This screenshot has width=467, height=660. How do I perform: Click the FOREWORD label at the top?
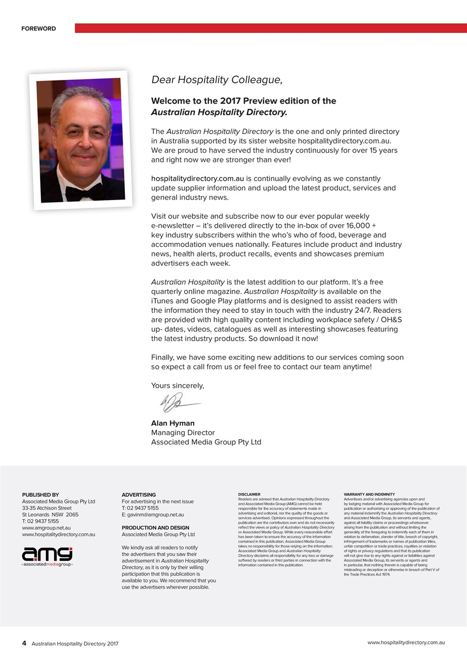tap(39, 28)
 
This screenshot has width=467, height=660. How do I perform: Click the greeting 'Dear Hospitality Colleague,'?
tap(217, 80)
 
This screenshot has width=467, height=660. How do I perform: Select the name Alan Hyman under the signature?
tap(173, 423)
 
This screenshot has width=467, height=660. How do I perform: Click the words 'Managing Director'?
tap(183, 433)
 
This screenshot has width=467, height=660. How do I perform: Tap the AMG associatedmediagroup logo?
tap(47, 556)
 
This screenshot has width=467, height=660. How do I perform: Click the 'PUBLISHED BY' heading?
tap(40, 495)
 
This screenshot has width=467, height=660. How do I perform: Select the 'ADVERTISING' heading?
tap(139, 495)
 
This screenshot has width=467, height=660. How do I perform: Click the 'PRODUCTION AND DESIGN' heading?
tap(155, 528)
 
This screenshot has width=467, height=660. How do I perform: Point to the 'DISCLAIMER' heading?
tap(249, 494)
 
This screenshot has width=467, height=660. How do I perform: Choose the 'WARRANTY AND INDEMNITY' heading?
tap(369, 494)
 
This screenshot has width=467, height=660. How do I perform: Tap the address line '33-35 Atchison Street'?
tap(47, 508)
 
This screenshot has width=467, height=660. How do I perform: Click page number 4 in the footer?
tap(24, 643)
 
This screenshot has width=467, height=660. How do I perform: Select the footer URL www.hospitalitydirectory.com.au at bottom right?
tap(406, 642)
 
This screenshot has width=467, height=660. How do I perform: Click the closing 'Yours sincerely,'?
tap(178, 386)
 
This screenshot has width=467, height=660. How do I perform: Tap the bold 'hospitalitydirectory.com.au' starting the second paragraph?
tap(197, 179)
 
